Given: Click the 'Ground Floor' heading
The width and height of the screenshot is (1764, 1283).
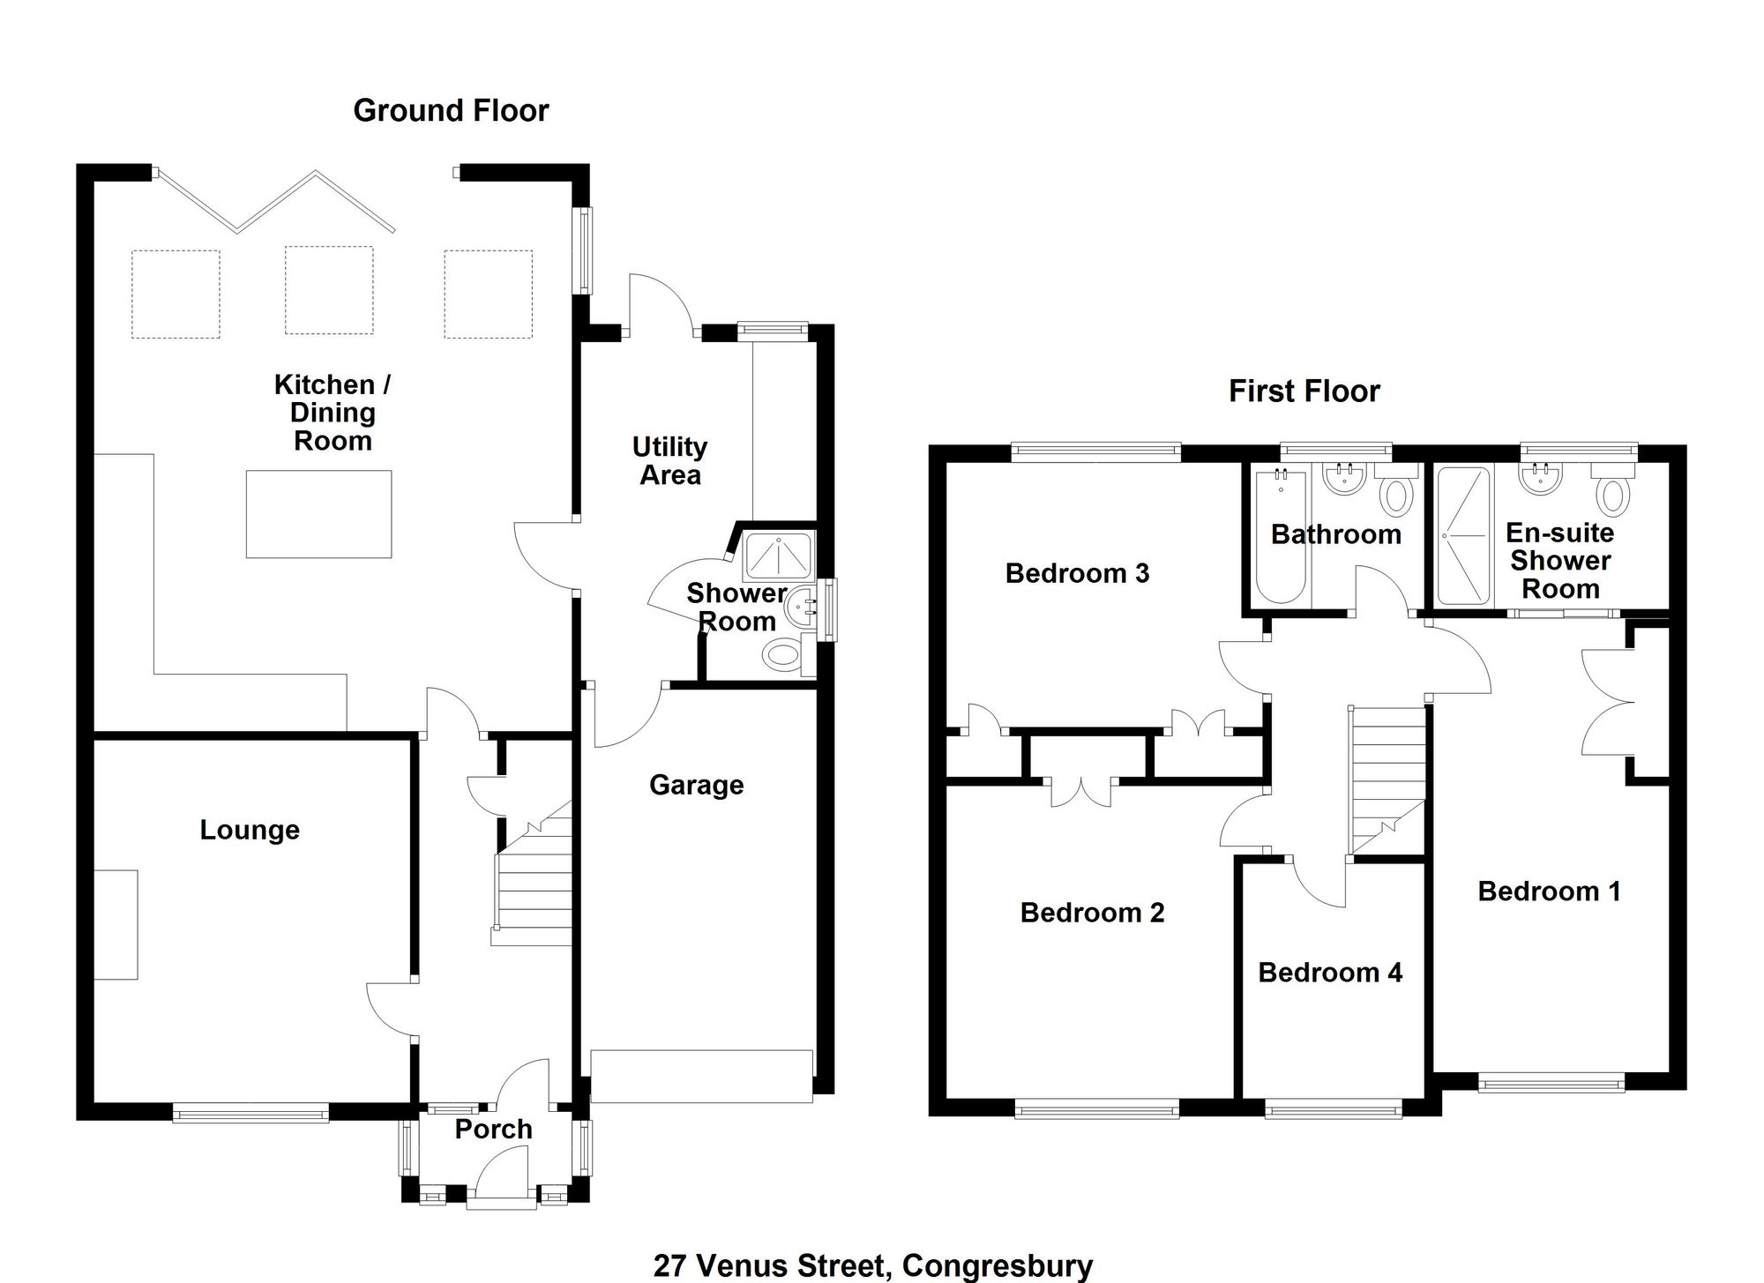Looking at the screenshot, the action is (x=451, y=111).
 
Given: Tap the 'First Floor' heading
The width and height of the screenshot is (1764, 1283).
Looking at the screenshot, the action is (x=1304, y=392).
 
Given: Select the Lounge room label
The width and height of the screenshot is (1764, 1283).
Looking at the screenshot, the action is (x=250, y=831).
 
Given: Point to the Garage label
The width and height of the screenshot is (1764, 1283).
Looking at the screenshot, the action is (x=697, y=786).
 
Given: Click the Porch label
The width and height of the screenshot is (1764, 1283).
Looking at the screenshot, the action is (x=494, y=1130).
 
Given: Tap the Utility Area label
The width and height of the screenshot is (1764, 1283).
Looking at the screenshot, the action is (x=670, y=461).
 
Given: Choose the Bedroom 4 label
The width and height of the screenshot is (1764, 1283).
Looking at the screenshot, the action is (x=1330, y=973).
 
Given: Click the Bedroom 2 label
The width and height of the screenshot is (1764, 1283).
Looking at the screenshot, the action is (x=1092, y=913).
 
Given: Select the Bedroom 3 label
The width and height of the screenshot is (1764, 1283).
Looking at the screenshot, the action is (x=1077, y=574).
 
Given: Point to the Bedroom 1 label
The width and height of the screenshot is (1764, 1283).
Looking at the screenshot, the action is (x=1549, y=891).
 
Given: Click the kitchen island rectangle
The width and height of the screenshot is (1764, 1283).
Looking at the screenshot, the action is (x=318, y=514).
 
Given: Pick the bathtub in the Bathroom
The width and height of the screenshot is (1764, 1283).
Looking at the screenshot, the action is (x=1281, y=537).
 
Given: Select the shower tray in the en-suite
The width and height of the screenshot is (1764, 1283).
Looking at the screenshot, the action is (x=1464, y=537).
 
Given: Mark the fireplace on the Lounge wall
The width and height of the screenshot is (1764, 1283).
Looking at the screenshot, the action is (x=116, y=925).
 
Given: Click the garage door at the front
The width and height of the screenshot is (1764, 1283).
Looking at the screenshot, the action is (x=701, y=1076).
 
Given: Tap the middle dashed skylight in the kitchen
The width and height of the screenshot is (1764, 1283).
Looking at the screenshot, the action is (x=329, y=291).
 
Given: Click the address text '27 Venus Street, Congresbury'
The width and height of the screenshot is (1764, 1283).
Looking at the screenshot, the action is (x=873, y=1266).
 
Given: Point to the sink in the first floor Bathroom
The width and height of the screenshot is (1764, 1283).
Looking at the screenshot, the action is (x=1344, y=478).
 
